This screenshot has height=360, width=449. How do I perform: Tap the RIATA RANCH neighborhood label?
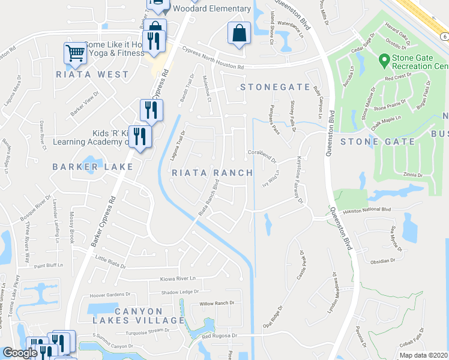[212, 173]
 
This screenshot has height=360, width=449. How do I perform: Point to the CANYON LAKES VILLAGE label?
[138, 316]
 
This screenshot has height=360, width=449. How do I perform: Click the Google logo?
[20, 353]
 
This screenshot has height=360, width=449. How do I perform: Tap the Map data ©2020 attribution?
[423, 355]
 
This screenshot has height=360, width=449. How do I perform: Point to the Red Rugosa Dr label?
[220, 336]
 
